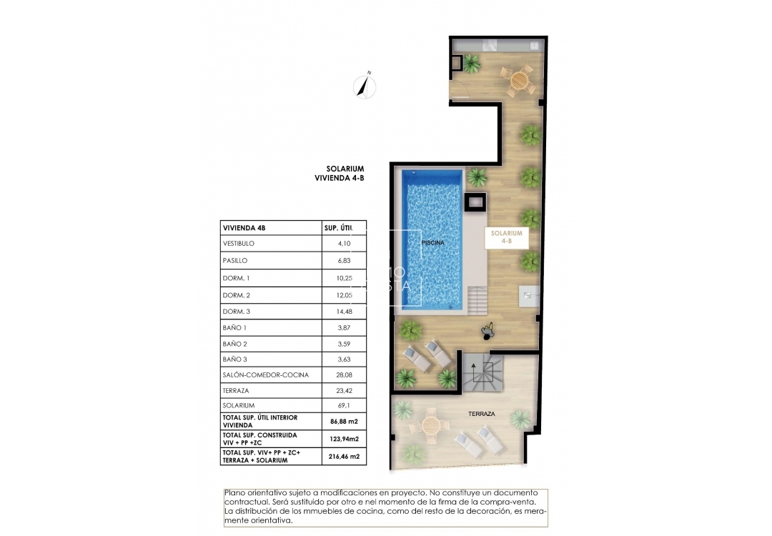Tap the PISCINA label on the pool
tap(432, 243)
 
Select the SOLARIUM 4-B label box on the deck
tap(507, 237)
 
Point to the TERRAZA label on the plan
tap(482, 414)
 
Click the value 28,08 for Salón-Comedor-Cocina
tap(345, 374)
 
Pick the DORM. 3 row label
tap(237, 312)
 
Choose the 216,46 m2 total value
tap(344, 456)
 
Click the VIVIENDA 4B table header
tap(244, 228)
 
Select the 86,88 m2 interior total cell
tap(344, 421)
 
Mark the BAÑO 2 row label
tap(236, 343)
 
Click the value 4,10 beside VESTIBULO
tap(345, 244)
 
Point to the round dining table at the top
tap(518, 80)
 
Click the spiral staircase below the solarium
tap(482, 372)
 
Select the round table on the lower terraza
tap(432, 425)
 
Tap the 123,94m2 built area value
tap(344, 439)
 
